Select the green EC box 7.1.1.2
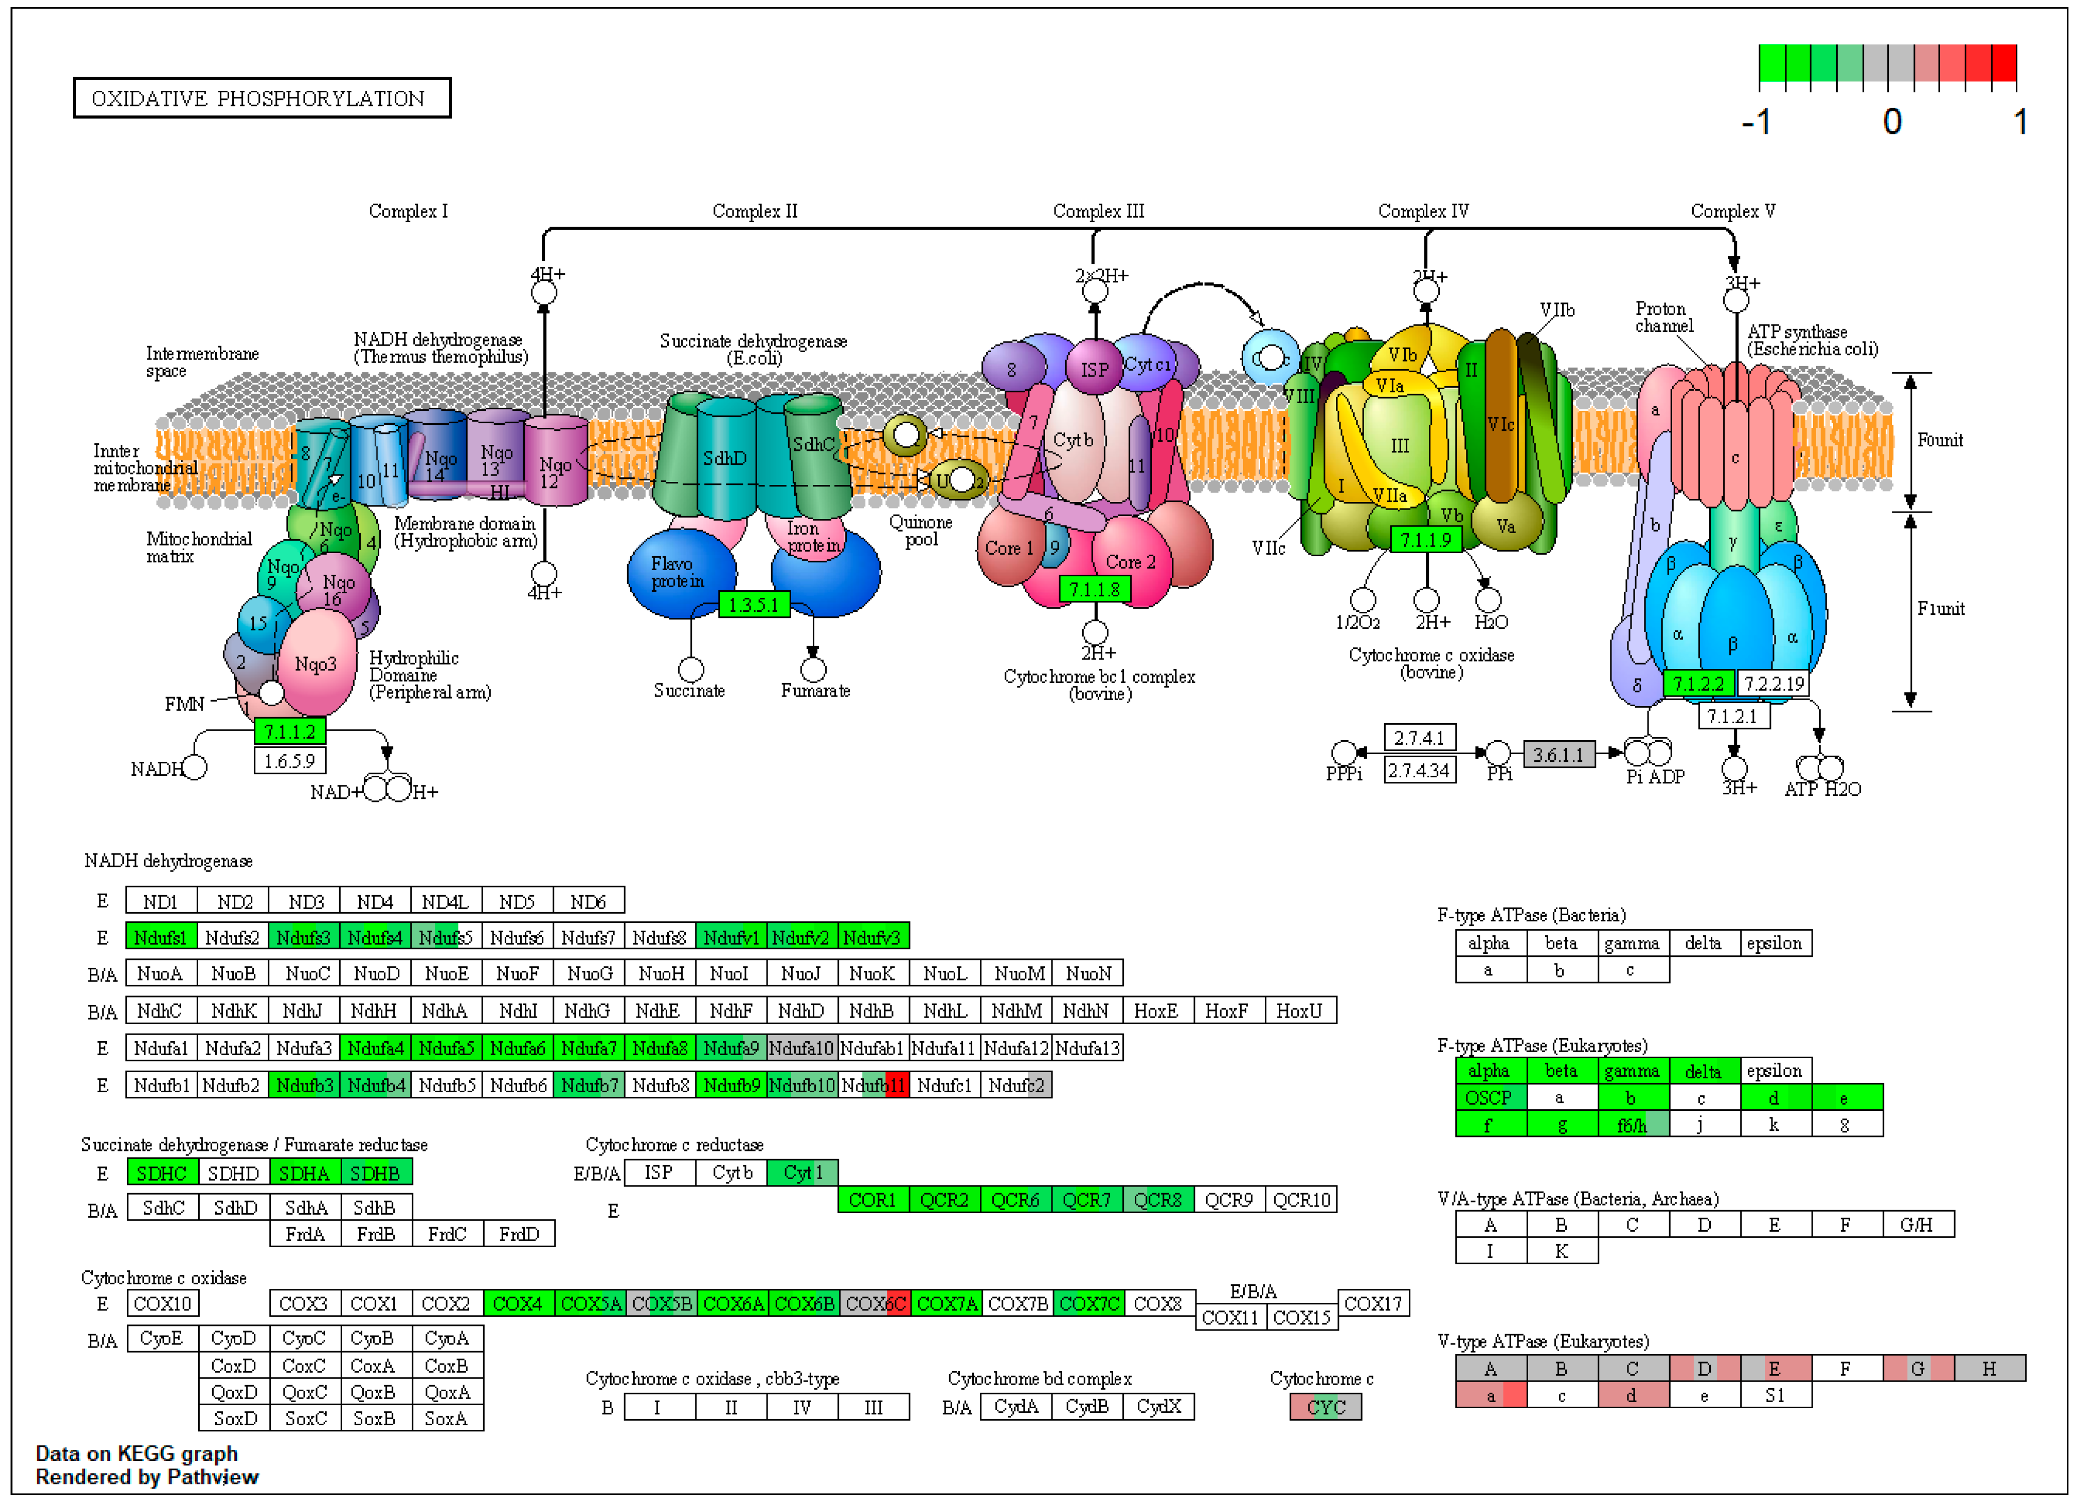[289, 731]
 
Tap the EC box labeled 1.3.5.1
[754, 605]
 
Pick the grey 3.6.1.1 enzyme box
[1558, 755]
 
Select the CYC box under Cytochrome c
[1325, 1407]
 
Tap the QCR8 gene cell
[1158, 1200]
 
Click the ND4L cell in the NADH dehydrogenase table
[445, 902]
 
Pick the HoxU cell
[1300, 1011]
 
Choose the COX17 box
[1373, 1303]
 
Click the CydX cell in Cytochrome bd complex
[1159, 1407]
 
